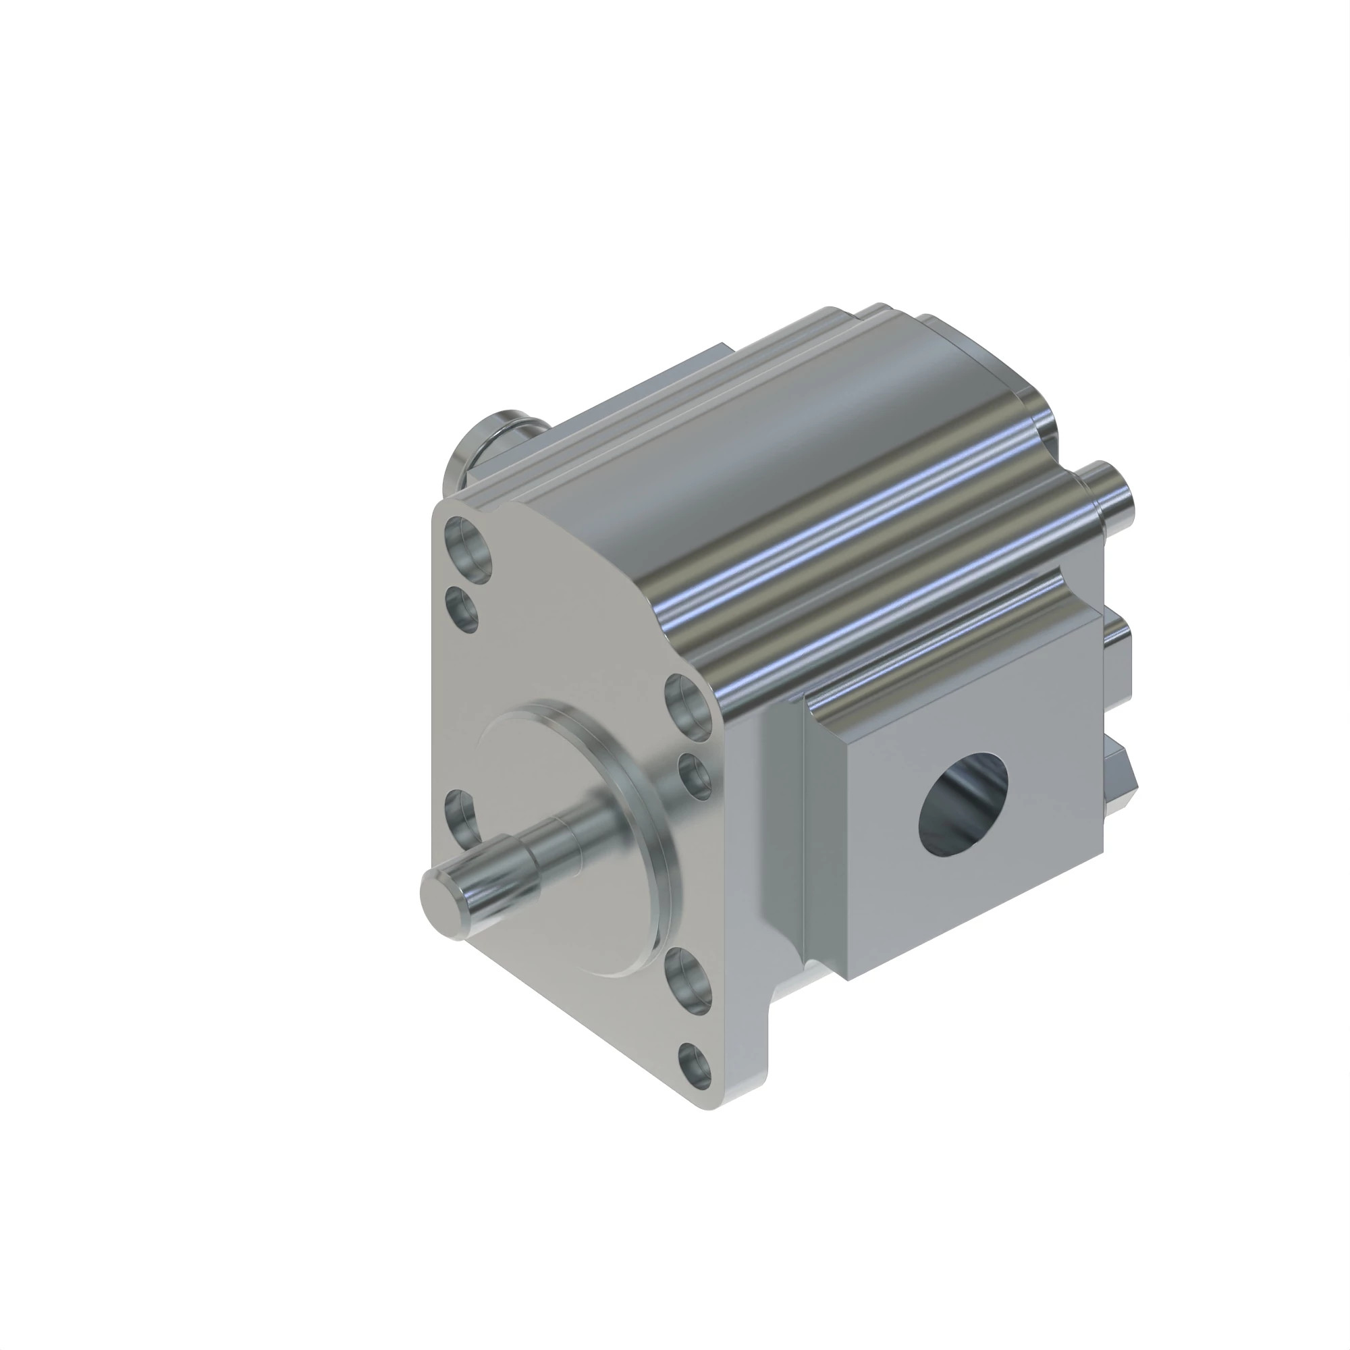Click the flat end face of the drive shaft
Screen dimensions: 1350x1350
442,894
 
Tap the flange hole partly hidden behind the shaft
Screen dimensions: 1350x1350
459,814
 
